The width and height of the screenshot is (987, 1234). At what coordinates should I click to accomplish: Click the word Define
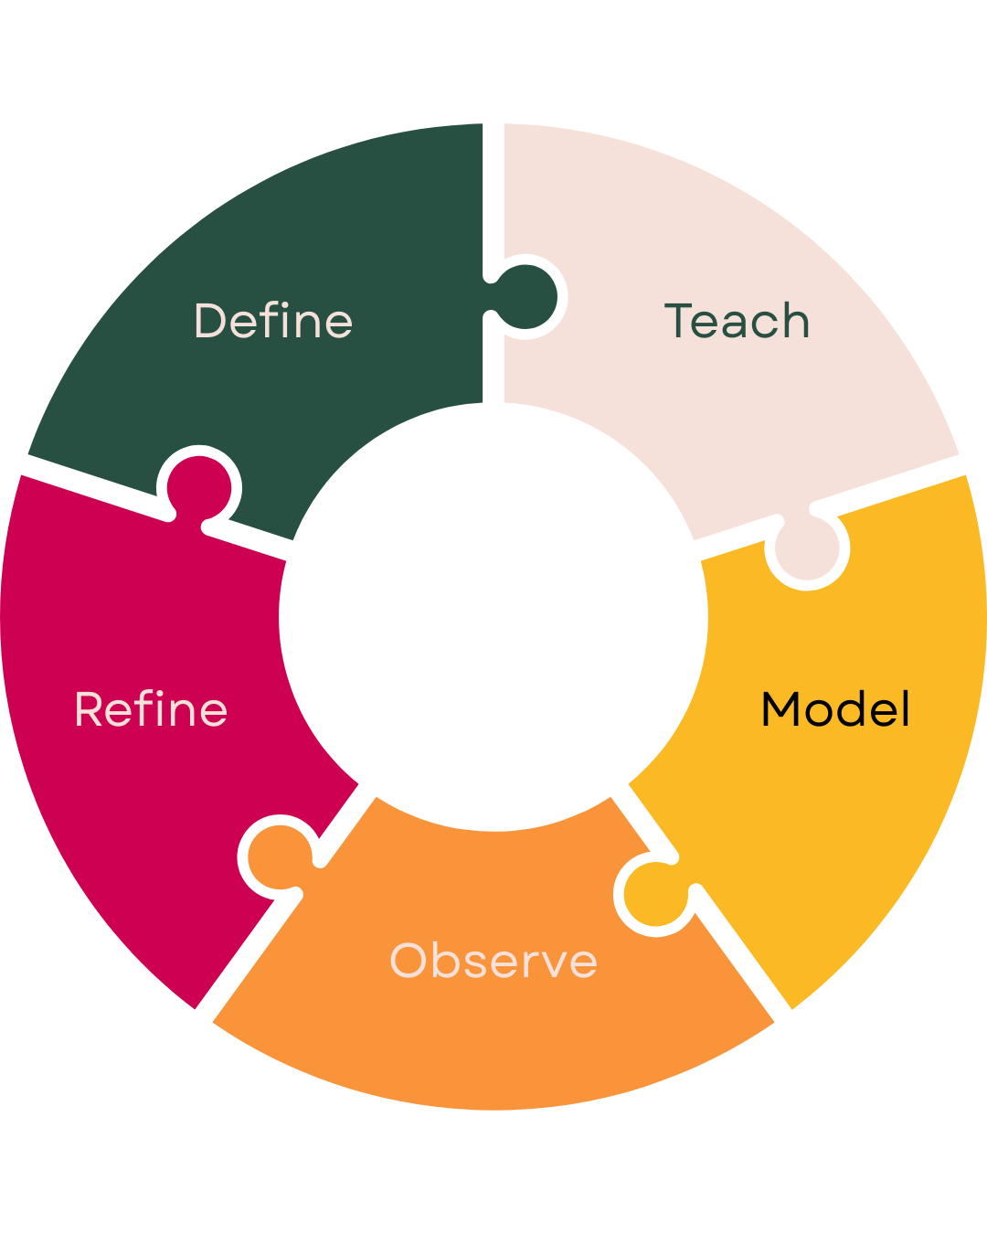273,321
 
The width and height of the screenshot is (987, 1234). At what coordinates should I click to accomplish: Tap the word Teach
737,321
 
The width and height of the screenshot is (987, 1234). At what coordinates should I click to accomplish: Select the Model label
835,709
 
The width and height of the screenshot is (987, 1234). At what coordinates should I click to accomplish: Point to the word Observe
493,961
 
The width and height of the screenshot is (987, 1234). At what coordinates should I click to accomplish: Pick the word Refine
151,709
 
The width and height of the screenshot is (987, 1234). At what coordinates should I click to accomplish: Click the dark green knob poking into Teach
527,297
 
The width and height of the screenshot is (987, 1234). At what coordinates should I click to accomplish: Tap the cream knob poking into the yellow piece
808,548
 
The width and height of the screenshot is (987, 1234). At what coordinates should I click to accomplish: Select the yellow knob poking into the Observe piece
654,896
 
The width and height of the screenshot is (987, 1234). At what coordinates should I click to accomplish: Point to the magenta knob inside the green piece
199,485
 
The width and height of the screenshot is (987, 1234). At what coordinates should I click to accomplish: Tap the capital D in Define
210,321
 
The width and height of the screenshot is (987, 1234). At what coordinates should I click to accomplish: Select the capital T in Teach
679,321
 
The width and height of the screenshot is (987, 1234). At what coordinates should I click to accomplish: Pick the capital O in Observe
409,961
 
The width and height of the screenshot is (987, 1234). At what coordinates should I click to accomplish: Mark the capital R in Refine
90,709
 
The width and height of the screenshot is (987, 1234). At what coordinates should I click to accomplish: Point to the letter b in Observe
447,961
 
